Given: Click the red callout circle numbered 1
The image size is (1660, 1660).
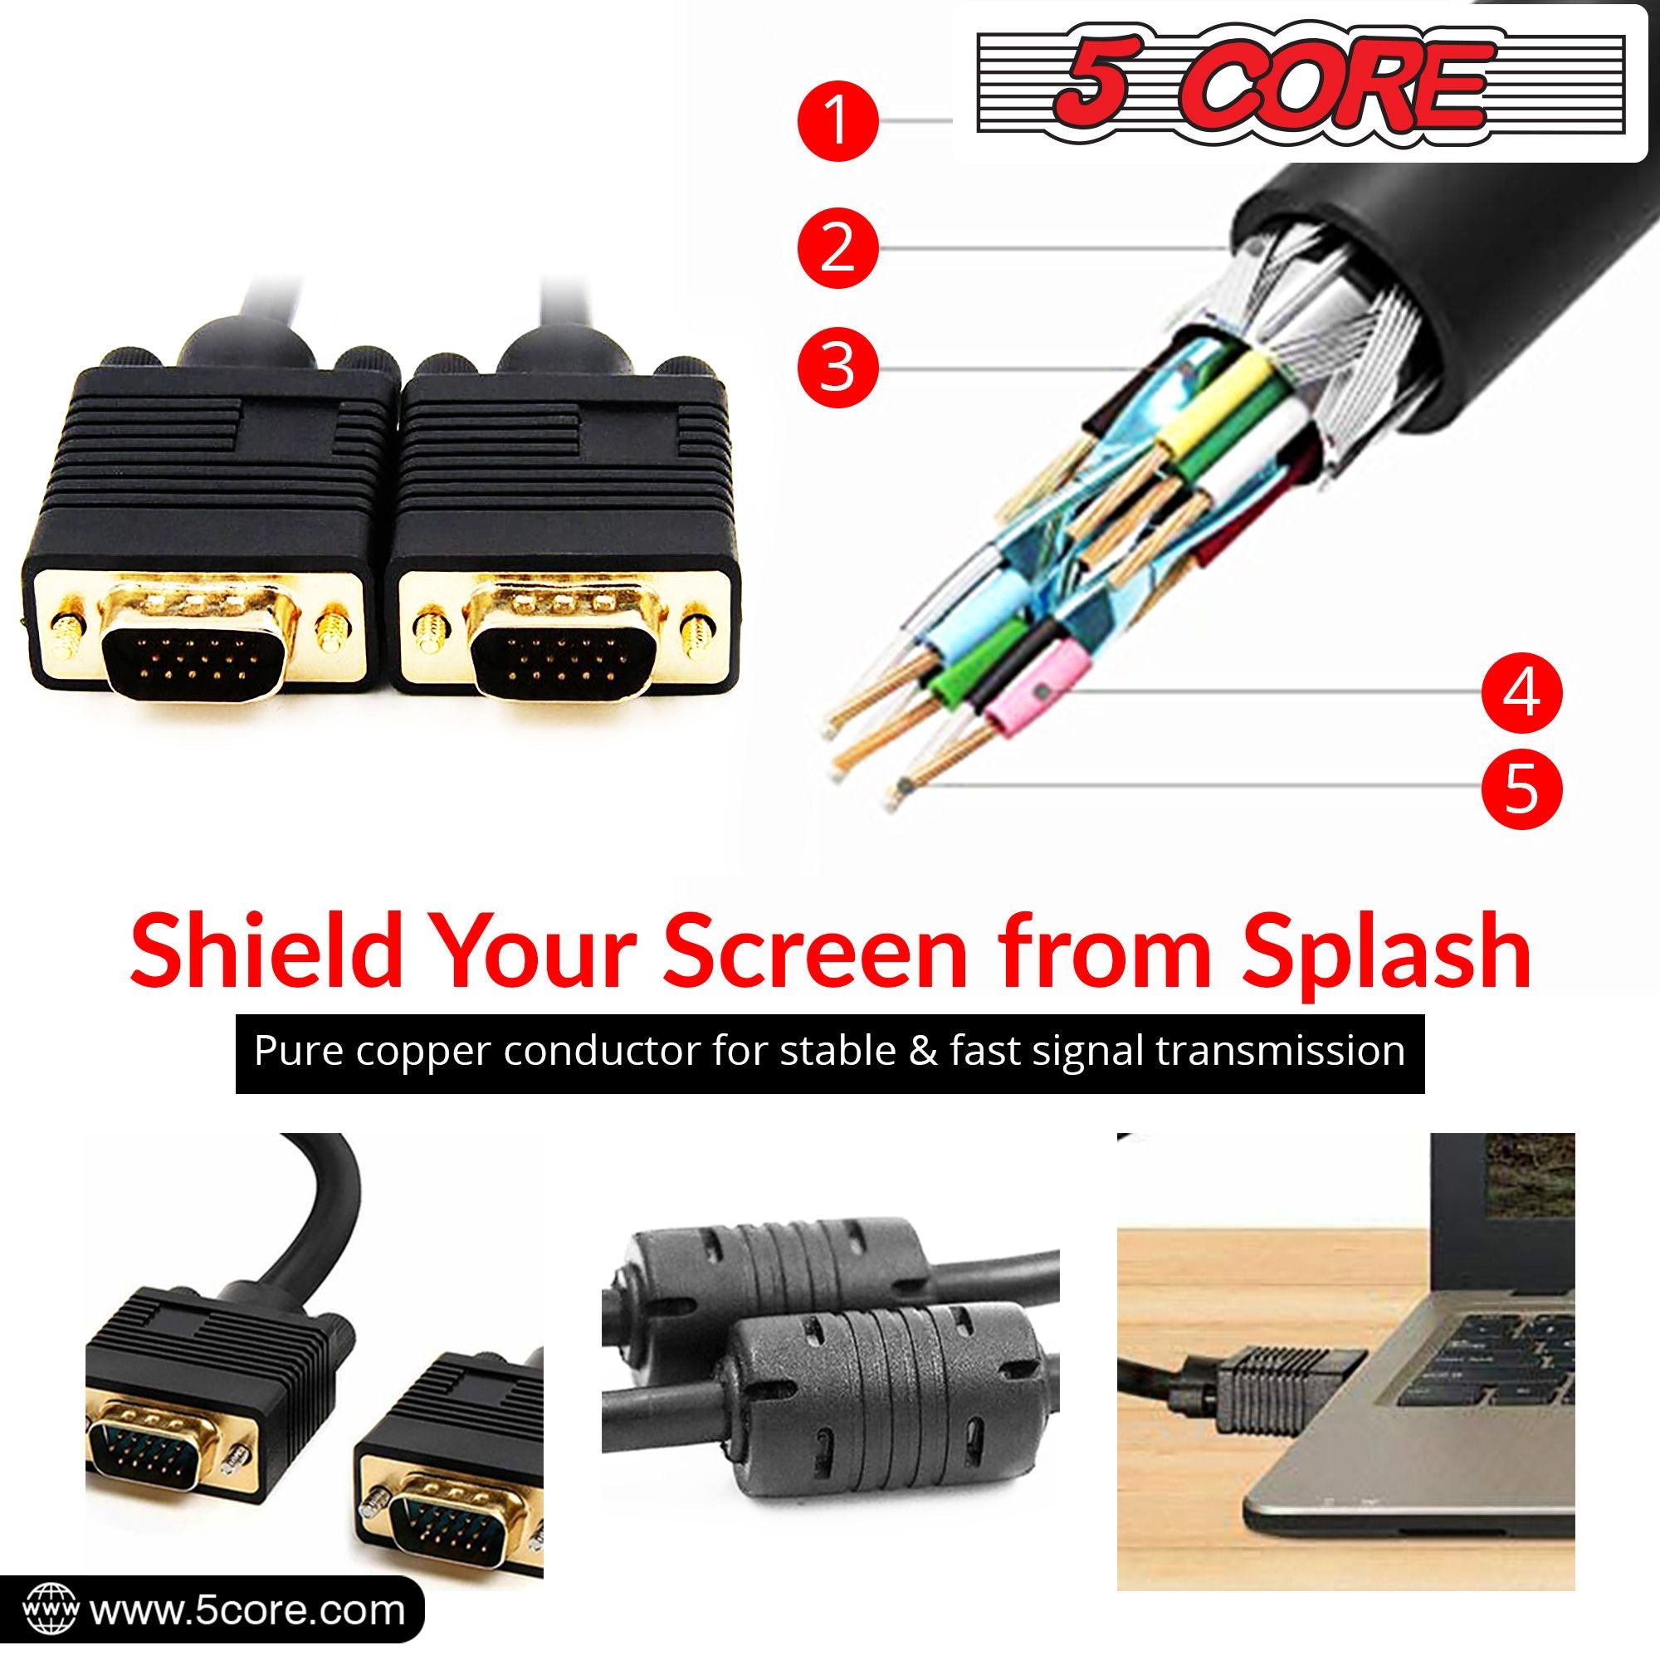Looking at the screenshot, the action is (x=837, y=122).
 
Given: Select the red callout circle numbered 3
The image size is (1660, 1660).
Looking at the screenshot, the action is (x=837, y=368).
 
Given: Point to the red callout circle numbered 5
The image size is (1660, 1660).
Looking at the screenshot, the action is (x=1522, y=785).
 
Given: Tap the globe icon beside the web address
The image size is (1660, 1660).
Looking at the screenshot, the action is (x=52, y=1609).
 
